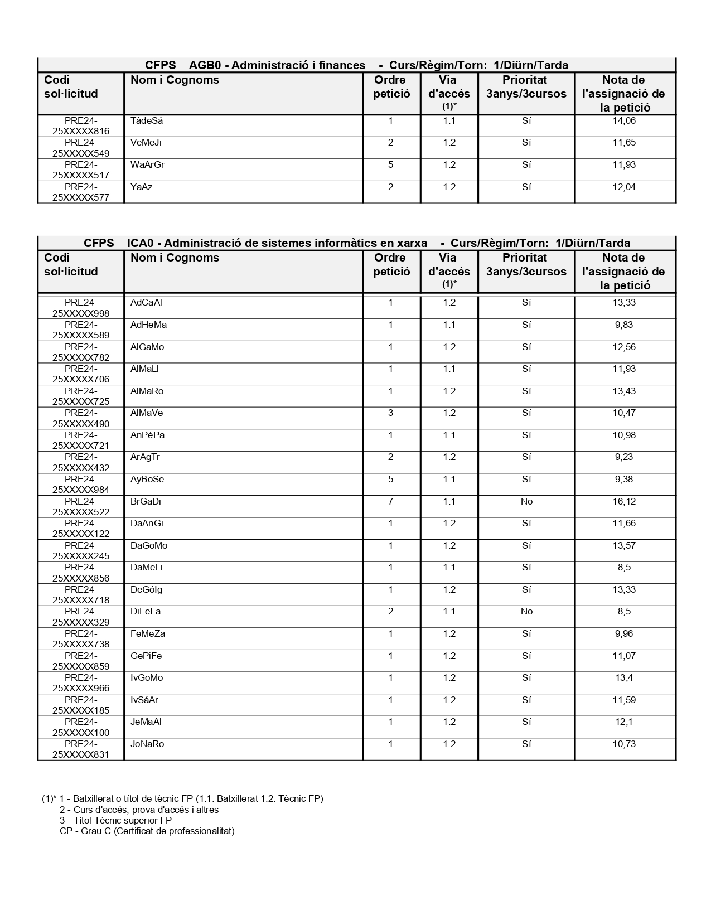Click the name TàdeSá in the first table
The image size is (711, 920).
147,121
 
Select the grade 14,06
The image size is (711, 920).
624,121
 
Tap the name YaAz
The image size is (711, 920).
141,187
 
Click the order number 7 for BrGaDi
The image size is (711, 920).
390,502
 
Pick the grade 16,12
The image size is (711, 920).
624,502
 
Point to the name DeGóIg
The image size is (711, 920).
147,590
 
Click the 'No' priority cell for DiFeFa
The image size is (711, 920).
526,612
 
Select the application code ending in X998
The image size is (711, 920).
81,308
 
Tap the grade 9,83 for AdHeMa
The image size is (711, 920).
624,325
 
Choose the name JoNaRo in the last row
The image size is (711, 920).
147,744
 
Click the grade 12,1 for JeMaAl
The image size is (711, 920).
624,722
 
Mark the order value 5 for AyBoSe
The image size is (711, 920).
390,480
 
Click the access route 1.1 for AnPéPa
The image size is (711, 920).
449,435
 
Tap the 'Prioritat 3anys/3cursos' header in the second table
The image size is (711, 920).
526,265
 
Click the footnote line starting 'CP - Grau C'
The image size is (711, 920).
147,831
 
